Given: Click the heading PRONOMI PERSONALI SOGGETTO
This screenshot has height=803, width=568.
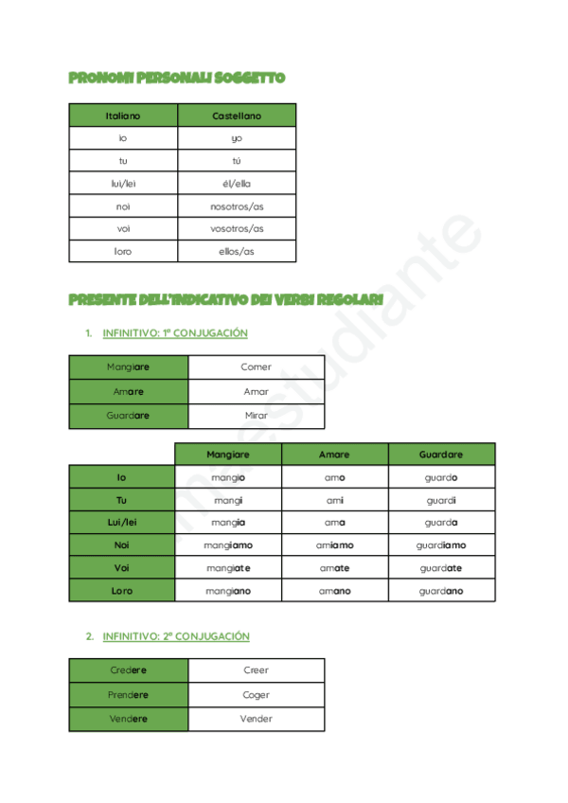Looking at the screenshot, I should coord(177,78).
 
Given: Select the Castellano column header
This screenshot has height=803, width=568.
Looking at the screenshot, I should coord(237,116).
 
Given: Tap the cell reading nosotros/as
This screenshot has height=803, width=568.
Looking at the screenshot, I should coord(237,205).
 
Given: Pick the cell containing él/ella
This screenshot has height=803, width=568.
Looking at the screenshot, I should coord(237,183).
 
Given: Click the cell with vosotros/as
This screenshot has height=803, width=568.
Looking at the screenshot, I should coord(237,228).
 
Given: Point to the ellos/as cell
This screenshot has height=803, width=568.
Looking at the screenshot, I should coord(237,251).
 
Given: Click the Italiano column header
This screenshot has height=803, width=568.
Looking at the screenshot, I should coord(123,116).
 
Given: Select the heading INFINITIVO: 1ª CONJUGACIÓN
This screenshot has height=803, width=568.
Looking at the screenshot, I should coord(174,333).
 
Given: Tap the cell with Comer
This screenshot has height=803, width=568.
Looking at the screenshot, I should coord(256,367).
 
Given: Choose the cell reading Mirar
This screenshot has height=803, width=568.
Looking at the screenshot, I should coord(256,416).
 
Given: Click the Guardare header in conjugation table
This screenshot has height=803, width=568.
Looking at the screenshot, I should coord(441,455).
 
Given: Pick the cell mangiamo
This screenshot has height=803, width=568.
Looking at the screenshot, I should coord(228,545).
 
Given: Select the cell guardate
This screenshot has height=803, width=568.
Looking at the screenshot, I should coord(441,568).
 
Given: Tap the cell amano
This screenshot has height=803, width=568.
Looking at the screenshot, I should coord(334,591).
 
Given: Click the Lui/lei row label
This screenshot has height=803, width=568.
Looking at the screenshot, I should coord(121,523).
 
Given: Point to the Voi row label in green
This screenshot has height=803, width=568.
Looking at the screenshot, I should coord(121,568).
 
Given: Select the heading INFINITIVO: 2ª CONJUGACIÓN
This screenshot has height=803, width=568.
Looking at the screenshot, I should coord(175,636).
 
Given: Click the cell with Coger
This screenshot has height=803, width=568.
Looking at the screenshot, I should coord(256,695).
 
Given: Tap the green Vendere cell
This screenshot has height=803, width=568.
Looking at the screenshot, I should coord(129,719).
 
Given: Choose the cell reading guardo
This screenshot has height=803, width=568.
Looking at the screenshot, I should coord(441,477).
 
